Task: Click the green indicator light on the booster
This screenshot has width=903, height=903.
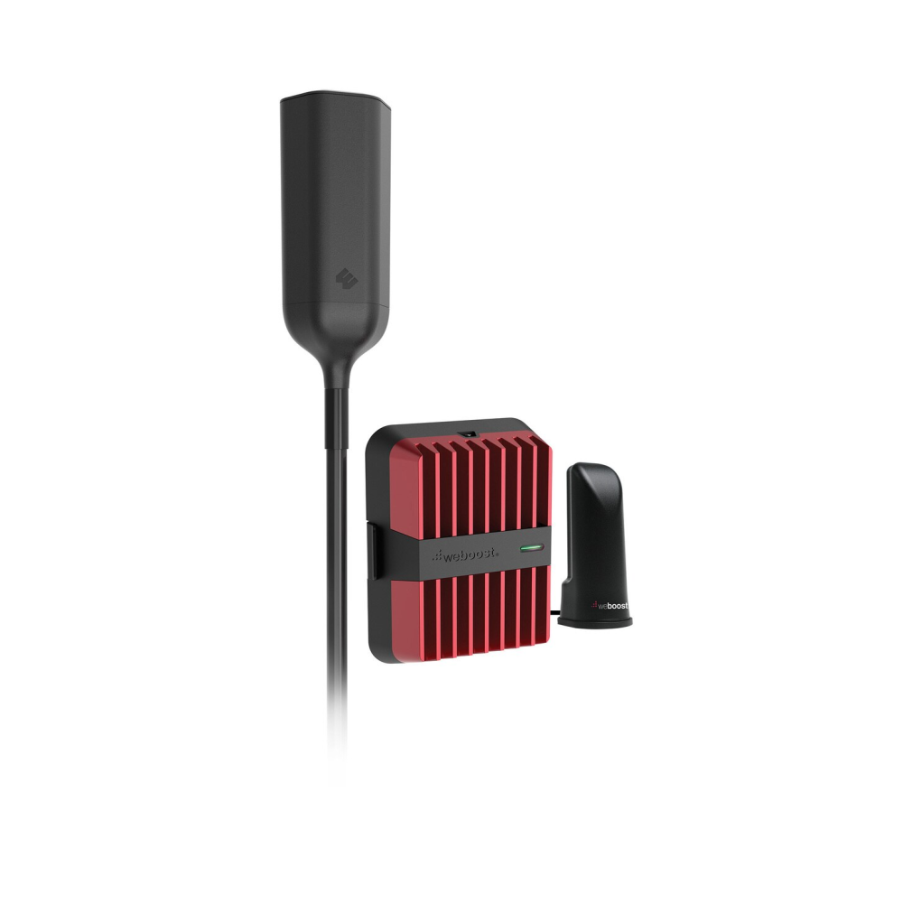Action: [x=532, y=547]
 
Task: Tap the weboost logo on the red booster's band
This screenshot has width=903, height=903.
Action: [x=466, y=554]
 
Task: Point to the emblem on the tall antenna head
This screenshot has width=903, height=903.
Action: [x=346, y=279]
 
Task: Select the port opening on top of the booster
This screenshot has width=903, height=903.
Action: [x=467, y=432]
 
